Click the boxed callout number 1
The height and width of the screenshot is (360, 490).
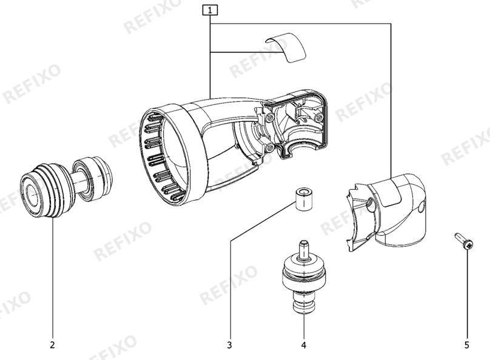pos(210,10)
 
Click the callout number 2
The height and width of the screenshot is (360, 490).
pos(52,345)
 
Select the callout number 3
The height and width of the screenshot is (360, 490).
pos(230,345)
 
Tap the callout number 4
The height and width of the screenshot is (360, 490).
pos(304,345)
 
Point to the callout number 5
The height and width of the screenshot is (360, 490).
pos(467,345)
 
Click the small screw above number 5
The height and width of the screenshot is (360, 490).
pos(465,241)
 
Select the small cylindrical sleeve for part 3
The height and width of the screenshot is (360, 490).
pos(304,200)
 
